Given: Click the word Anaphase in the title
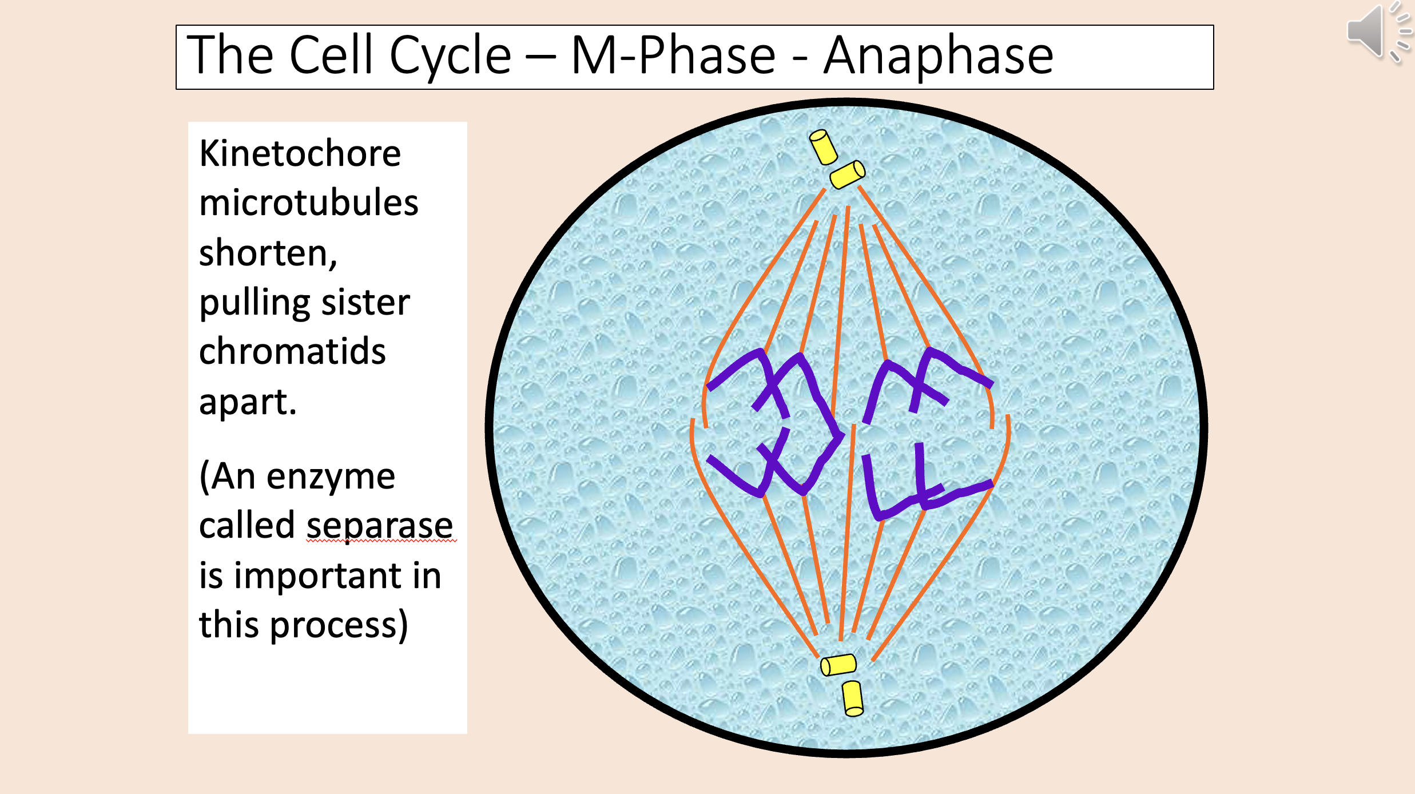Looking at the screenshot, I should [x=938, y=55].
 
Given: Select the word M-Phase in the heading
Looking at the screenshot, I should [x=673, y=55].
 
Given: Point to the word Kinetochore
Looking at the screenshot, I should [x=300, y=154].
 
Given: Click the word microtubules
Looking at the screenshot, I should [x=308, y=203].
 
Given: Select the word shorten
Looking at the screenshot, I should [x=267, y=253].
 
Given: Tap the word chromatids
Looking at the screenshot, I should [x=292, y=351].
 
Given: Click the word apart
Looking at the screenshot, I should [x=247, y=402].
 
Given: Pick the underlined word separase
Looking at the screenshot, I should [x=380, y=525].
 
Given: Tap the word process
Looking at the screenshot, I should [x=337, y=625].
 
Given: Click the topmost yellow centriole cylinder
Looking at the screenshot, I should [x=824, y=147].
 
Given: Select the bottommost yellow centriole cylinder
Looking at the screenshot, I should [x=853, y=698].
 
